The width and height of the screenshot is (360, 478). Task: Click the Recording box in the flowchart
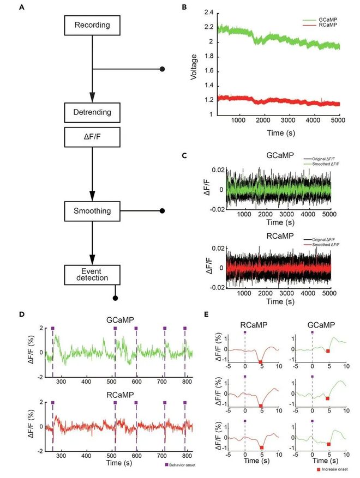click(92, 25)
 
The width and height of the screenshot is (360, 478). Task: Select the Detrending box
click(92, 112)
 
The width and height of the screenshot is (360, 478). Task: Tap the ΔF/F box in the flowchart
click(92, 137)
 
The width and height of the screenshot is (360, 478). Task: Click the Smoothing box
click(92, 210)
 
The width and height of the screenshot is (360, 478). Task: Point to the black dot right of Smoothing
click(162, 210)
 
